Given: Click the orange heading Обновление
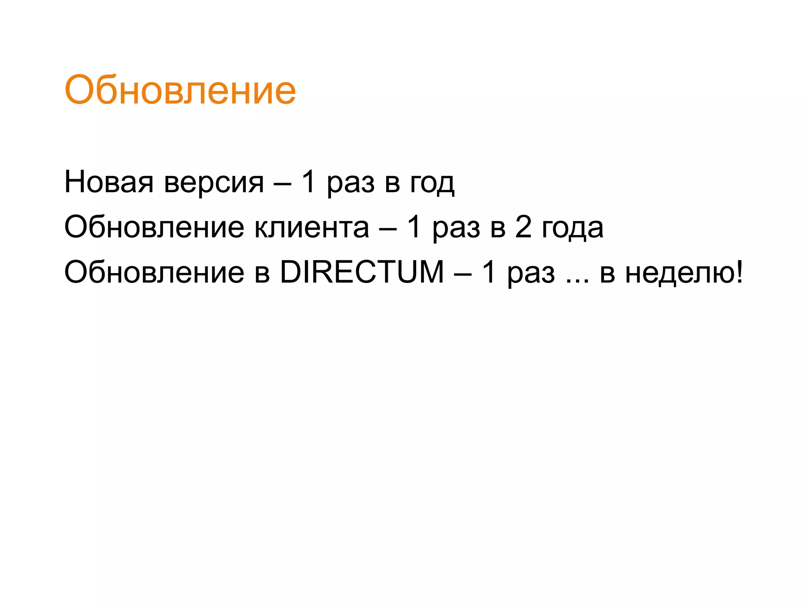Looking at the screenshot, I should tap(180, 90).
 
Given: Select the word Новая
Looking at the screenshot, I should tap(109, 182).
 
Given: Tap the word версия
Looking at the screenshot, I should tap(214, 183).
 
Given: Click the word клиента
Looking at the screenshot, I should tap(312, 228).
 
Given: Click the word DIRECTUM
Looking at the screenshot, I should tap(362, 272).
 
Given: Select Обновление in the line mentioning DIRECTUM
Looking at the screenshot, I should tap(154, 272).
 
